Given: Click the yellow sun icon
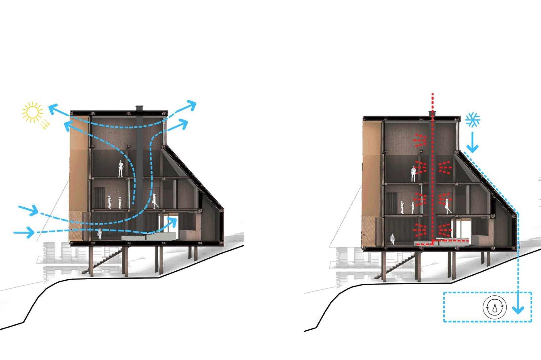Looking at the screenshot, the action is click(32, 112).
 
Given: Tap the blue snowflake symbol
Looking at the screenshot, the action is click(473, 120).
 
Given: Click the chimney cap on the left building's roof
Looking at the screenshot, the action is click(140, 108).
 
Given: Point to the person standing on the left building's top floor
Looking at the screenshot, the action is click(121, 169).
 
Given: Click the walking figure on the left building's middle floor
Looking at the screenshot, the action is click(155, 201).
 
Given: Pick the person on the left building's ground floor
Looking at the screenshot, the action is click(100, 234).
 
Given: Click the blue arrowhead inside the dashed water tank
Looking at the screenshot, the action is click(518, 309).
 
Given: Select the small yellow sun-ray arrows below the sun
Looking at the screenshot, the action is click(45, 124).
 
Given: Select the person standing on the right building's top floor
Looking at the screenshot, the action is click(413, 174).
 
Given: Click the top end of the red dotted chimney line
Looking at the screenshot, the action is click(432, 94).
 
